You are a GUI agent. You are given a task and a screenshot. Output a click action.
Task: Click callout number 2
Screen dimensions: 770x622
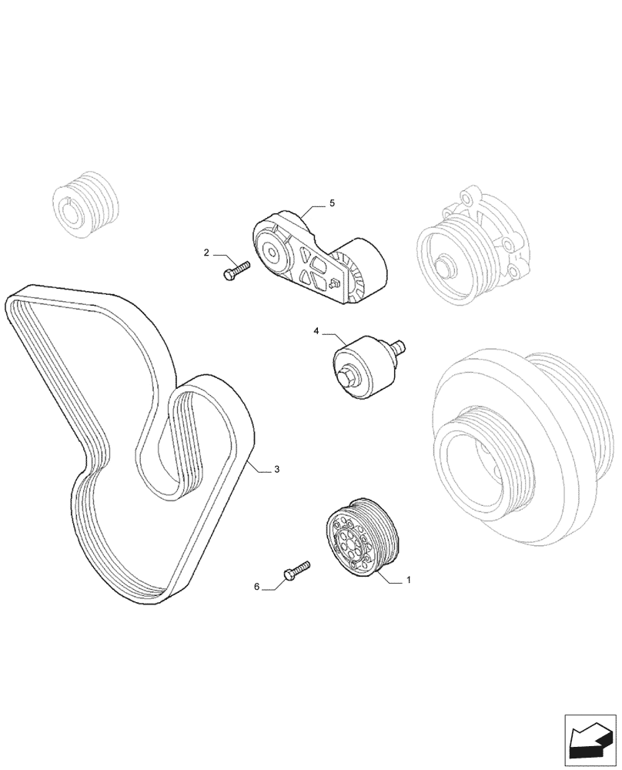point(206,253)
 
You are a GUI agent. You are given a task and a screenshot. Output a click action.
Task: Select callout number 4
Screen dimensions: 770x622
point(316,331)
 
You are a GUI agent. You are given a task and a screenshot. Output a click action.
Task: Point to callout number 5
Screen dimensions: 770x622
point(332,203)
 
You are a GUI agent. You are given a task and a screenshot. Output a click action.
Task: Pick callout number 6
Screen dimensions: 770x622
point(257,587)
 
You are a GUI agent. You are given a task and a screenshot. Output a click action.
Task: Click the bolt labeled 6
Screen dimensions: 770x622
point(296,571)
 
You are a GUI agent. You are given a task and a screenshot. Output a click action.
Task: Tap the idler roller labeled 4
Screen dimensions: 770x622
point(359,367)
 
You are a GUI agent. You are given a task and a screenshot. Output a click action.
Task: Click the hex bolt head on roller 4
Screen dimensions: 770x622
point(345,377)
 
